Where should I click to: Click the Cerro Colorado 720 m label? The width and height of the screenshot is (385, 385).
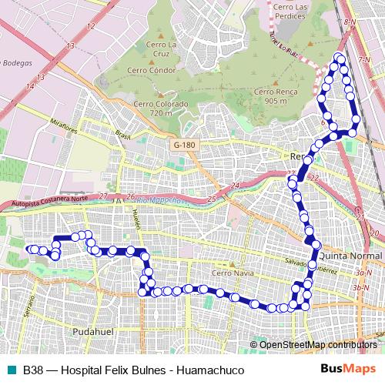coord(160,109)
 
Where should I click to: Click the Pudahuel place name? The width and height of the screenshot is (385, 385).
coord(92,330)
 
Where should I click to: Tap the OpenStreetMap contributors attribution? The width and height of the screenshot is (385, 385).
coord(317,344)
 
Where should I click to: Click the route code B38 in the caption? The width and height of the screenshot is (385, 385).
coord(33,370)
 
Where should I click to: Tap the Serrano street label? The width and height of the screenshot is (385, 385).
coord(28,308)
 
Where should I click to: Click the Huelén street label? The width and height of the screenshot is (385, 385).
coord(138,218)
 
